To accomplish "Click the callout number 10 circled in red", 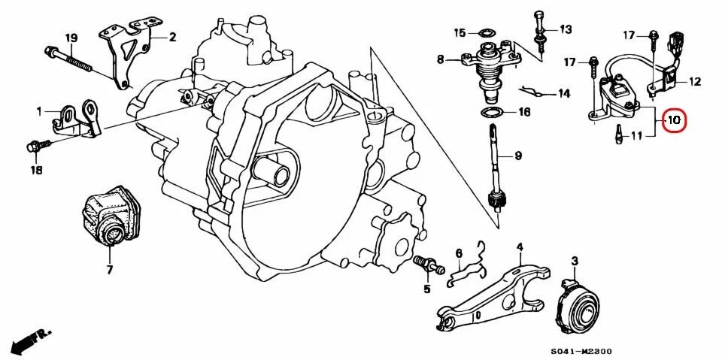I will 674,119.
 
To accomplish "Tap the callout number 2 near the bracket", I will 172,37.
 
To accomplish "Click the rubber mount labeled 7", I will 110,219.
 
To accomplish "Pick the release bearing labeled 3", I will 580,307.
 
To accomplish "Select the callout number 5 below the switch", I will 426,288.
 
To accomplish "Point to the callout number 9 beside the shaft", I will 518,156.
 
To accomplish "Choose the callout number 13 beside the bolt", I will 565,29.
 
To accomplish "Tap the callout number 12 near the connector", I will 694,81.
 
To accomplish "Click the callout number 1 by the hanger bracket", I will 38,112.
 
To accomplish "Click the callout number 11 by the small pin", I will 636,136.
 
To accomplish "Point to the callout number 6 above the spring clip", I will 459,254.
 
